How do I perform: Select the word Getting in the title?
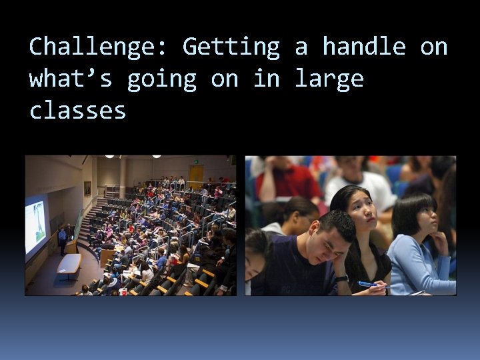tap(231, 47)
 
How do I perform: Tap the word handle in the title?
tap(363, 47)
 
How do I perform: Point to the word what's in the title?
tap(71, 79)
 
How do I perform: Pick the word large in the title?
tap(329, 79)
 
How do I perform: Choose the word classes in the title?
tap(78, 111)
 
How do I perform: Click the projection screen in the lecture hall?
tap(36, 227)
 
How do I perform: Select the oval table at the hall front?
tap(69, 263)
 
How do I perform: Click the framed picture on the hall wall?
tap(87, 188)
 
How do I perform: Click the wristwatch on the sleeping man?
tap(341, 278)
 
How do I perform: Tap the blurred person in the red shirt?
tap(287, 180)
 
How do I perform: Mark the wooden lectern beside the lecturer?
tap(71, 247)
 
